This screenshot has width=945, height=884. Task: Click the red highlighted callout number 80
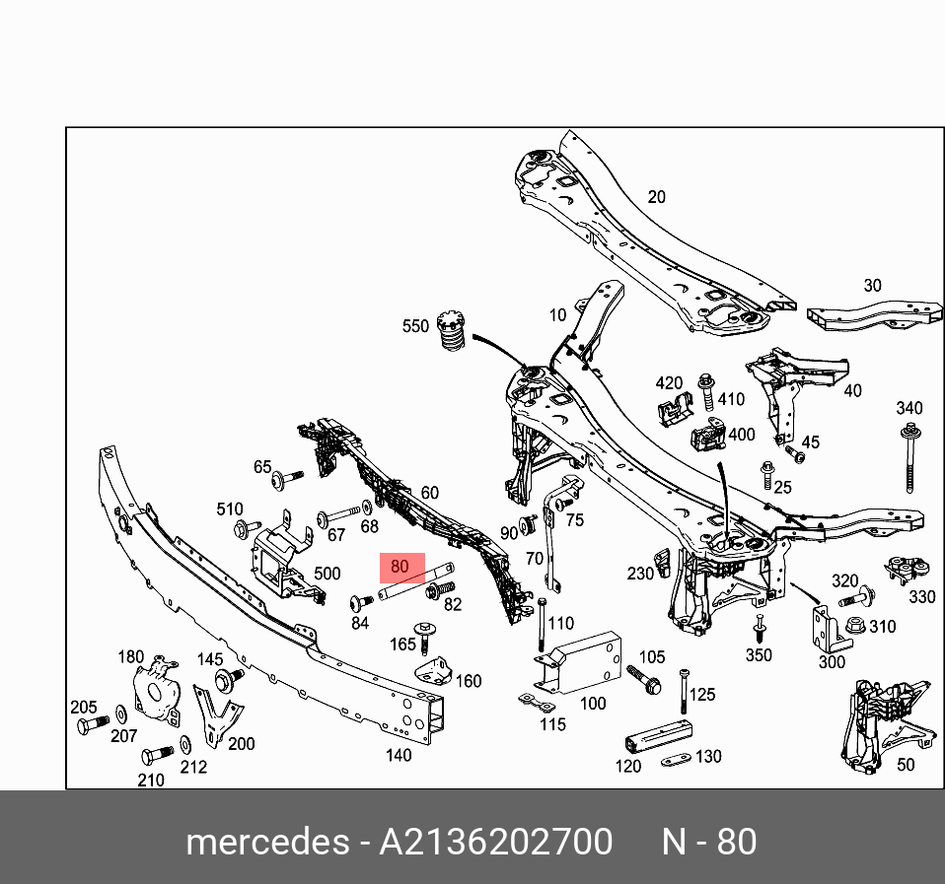[x=399, y=567]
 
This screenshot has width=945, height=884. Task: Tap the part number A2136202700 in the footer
[x=496, y=843]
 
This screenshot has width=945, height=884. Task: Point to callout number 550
[x=415, y=326]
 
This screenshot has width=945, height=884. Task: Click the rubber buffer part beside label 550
[x=450, y=336]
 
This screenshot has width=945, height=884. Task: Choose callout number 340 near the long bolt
[x=909, y=408]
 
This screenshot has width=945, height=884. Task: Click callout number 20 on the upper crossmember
[x=656, y=197]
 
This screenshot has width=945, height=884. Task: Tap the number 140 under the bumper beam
[x=399, y=756]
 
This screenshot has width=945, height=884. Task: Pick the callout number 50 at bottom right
[x=906, y=764]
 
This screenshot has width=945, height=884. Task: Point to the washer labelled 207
[x=119, y=712]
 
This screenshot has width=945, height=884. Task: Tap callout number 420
[x=669, y=383]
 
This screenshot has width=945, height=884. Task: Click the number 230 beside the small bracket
[x=640, y=573]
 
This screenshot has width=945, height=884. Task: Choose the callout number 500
[x=327, y=574]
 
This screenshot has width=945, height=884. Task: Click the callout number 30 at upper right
[x=872, y=286]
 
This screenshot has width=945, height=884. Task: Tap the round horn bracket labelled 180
[x=155, y=687]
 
